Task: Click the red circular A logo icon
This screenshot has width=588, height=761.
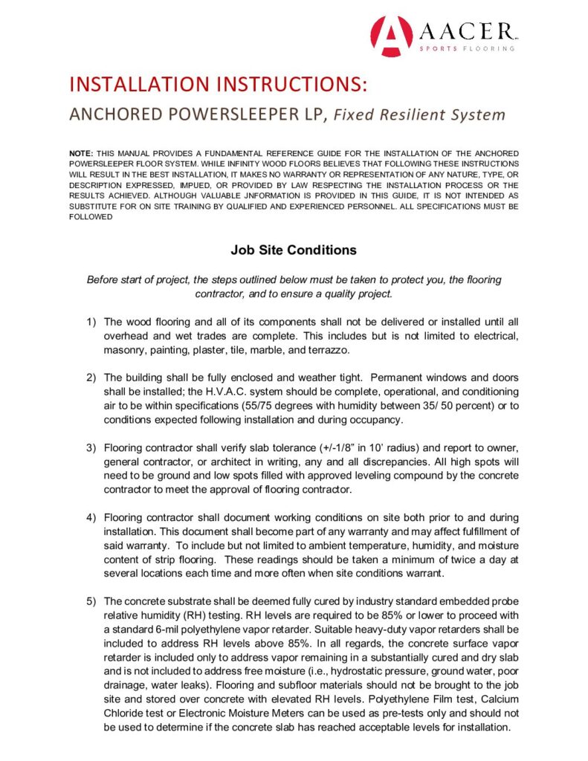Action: (391, 36)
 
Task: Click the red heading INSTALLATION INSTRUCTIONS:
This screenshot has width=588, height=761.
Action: (218, 84)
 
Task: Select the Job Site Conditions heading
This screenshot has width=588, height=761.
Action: (294, 250)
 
